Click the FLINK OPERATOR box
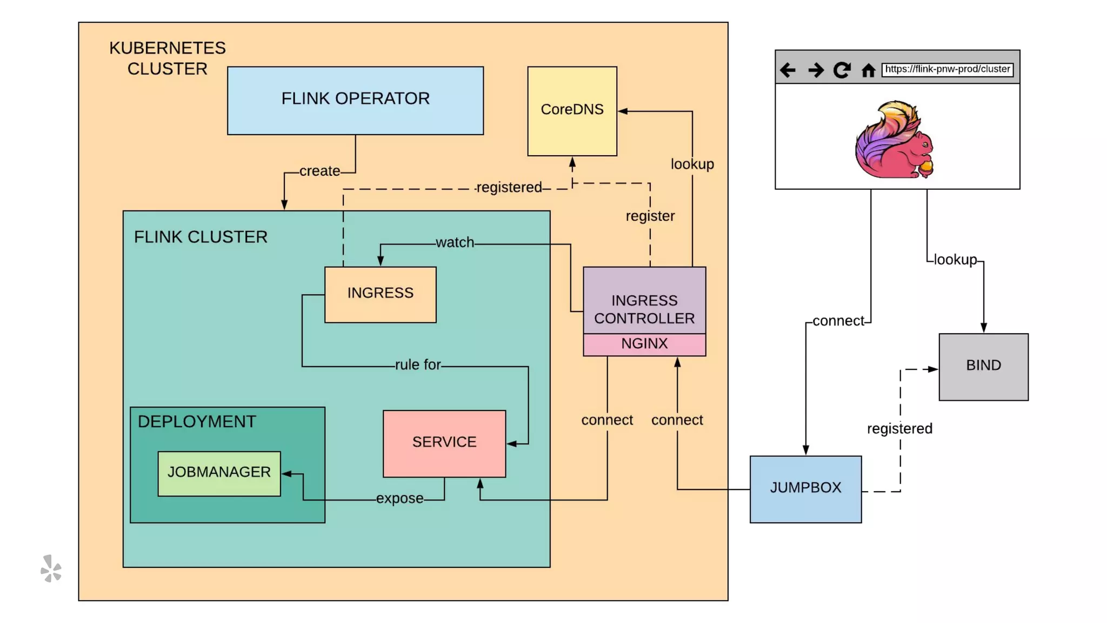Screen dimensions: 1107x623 [355, 101]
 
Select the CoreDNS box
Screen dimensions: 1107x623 [572, 111]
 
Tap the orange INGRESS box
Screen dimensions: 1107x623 [381, 295]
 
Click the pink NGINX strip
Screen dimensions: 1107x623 [644, 344]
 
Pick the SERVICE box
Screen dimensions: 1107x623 [444, 444]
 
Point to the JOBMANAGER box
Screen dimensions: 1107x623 [219, 474]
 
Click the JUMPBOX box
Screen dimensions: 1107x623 [805, 489]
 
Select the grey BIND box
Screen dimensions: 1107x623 [983, 367]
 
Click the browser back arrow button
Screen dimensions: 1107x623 [788, 70]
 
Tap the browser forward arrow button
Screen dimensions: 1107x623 [816, 70]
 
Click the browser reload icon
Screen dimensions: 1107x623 [842, 70]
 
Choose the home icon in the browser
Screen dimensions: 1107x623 [868, 70]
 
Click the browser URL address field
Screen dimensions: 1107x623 [947, 69]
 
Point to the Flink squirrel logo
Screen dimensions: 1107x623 [894, 139]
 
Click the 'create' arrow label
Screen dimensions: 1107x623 [320, 171]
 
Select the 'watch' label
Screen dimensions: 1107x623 [455, 242]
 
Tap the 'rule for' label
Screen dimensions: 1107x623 [418, 364]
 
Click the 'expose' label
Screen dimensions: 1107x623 [400, 498]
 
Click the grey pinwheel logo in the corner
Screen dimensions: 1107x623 [51, 568]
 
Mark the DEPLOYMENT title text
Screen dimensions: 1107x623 [197, 421]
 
